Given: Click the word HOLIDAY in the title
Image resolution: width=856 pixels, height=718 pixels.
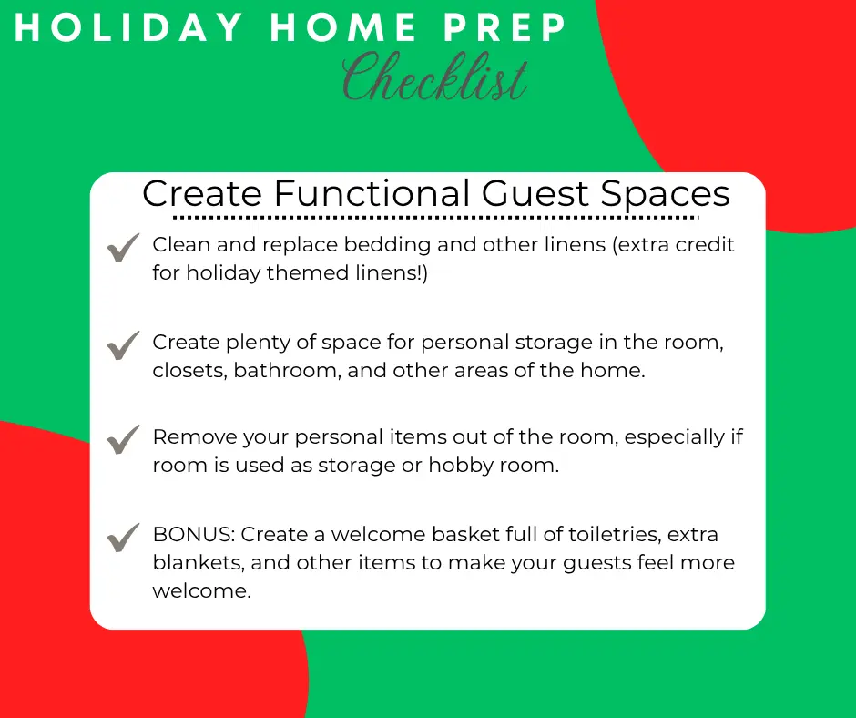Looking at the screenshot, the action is click(128, 27).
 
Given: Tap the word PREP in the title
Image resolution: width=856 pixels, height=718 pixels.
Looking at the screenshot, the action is click(505, 27).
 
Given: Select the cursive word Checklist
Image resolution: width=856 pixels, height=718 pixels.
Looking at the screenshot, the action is click(435, 77).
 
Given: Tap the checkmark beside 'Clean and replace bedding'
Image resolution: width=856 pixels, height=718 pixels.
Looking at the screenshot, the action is click(123, 248).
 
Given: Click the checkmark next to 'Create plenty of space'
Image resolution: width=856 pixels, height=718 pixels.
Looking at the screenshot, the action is click(123, 345).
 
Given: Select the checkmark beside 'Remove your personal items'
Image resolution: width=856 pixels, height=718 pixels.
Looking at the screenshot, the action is click(123, 439).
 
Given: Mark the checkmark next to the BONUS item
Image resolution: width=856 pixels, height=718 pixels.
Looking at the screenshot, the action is click(123, 538).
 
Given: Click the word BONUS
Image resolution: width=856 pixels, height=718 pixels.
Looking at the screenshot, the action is click(194, 535).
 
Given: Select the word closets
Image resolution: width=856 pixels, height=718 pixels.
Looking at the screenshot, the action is click(189, 371).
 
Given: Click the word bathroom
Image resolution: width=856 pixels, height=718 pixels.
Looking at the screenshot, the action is click(287, 371).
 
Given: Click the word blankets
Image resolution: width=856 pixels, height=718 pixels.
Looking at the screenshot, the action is click(199, 563).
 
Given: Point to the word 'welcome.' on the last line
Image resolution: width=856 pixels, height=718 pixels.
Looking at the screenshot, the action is click(201, 591).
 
